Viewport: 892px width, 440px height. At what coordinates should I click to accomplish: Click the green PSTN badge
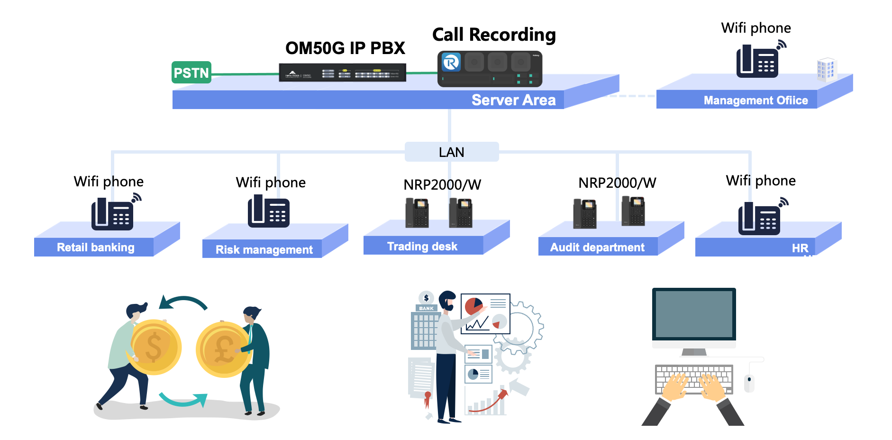coord(191,73)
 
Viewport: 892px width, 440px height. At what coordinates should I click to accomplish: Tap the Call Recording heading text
coord(494,35)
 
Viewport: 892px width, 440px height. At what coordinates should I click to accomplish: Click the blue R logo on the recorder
coord(451,62)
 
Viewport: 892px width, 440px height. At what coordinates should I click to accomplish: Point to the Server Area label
coord(513,100)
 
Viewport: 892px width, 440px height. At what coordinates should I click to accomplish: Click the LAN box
coord(451,152)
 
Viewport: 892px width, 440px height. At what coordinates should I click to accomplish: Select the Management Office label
coord(755,101)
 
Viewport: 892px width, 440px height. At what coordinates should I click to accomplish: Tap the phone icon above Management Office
coord(757,61)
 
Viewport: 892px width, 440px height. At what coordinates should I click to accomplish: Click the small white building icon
coord(826,70)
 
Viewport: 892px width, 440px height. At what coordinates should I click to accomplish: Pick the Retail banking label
coord(95,247)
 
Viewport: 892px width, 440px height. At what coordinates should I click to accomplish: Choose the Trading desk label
coord(422,247)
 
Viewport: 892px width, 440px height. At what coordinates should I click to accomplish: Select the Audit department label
coord(597,247)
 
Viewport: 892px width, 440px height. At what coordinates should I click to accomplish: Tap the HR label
coord(800,248)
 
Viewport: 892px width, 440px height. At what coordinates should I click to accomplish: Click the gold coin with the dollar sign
coord(154,347)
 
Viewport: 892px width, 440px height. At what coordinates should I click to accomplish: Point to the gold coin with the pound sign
coord(223,350)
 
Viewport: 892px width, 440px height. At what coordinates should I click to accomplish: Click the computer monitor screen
coord(694,314)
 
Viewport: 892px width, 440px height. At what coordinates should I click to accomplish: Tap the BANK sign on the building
coord(426,308)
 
